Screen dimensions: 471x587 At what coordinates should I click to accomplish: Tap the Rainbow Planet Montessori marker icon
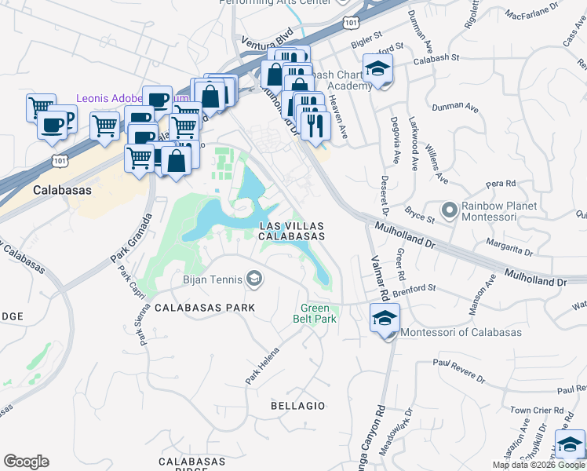click(x=449, y=210)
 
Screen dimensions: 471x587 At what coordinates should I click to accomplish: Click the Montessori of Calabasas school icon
click(x=385, y=319)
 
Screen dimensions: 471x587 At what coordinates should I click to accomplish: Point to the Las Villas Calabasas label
click(x=291, y=231)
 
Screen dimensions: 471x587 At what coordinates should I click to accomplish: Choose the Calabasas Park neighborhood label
click(x=205, y=308)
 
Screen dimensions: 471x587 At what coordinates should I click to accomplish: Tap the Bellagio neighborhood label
click(x=297, y=406)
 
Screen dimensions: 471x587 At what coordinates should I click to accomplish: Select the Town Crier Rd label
click(x=537, y=411)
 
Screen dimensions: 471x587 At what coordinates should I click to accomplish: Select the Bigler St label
click(x=366, y=35)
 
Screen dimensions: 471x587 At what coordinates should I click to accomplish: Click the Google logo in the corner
click(x=26, y=462)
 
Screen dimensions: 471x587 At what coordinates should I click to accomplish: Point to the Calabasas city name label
click(x=63, y=191)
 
